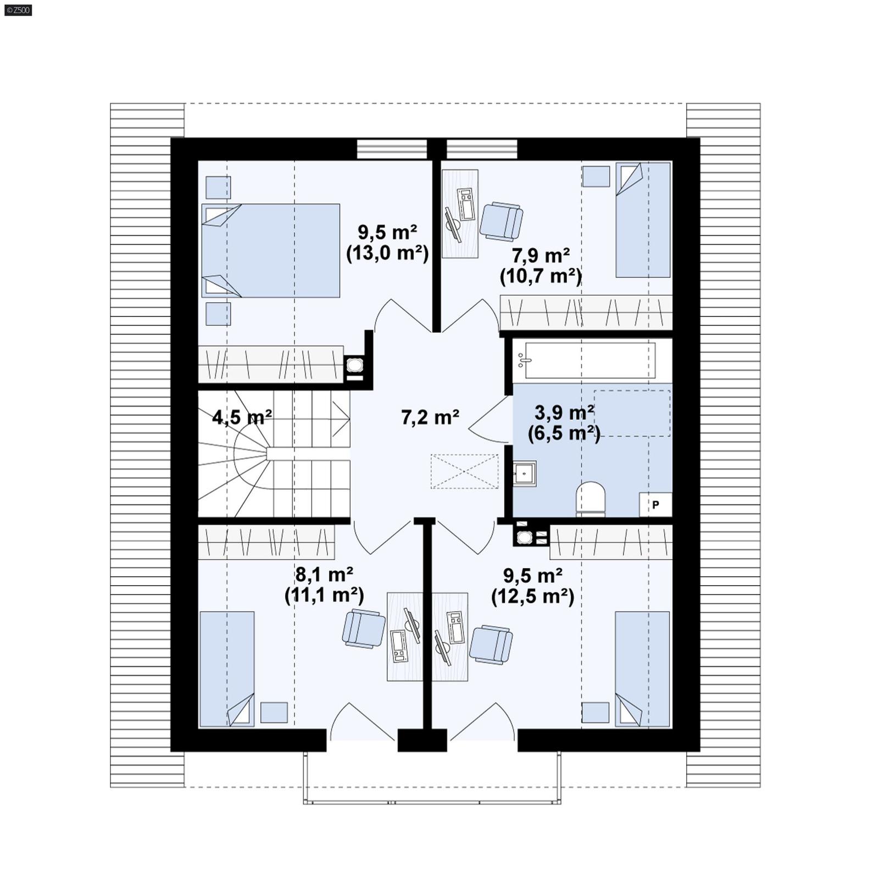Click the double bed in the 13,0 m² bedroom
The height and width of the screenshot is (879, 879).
coord(271,251)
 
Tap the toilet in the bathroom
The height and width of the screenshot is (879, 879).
coord(591,499)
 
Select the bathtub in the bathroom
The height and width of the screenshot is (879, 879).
coord(589,360)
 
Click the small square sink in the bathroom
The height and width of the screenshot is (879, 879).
coord(524,474)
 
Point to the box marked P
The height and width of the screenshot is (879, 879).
coord(655,504)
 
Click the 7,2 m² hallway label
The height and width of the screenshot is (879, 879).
coord(430,418)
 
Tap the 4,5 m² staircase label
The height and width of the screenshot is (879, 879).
coord(242,418)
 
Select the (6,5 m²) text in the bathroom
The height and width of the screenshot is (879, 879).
coord(564,433)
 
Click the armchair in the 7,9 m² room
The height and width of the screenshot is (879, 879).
coord(501,221)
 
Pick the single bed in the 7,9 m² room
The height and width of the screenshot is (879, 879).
coord(643,220)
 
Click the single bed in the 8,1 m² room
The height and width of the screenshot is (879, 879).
coord(226,669)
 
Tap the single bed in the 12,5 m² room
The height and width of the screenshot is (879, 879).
coord(642,669)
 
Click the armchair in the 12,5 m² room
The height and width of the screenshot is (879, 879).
coord(491,644)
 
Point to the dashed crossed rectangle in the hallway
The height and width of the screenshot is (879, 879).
coord(465,471)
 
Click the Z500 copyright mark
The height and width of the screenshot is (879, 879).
coord(18,10)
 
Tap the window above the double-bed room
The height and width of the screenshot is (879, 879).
coord(392,149)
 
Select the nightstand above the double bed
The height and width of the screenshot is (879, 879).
coord(218,187)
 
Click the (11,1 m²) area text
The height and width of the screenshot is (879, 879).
coord(324,596)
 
